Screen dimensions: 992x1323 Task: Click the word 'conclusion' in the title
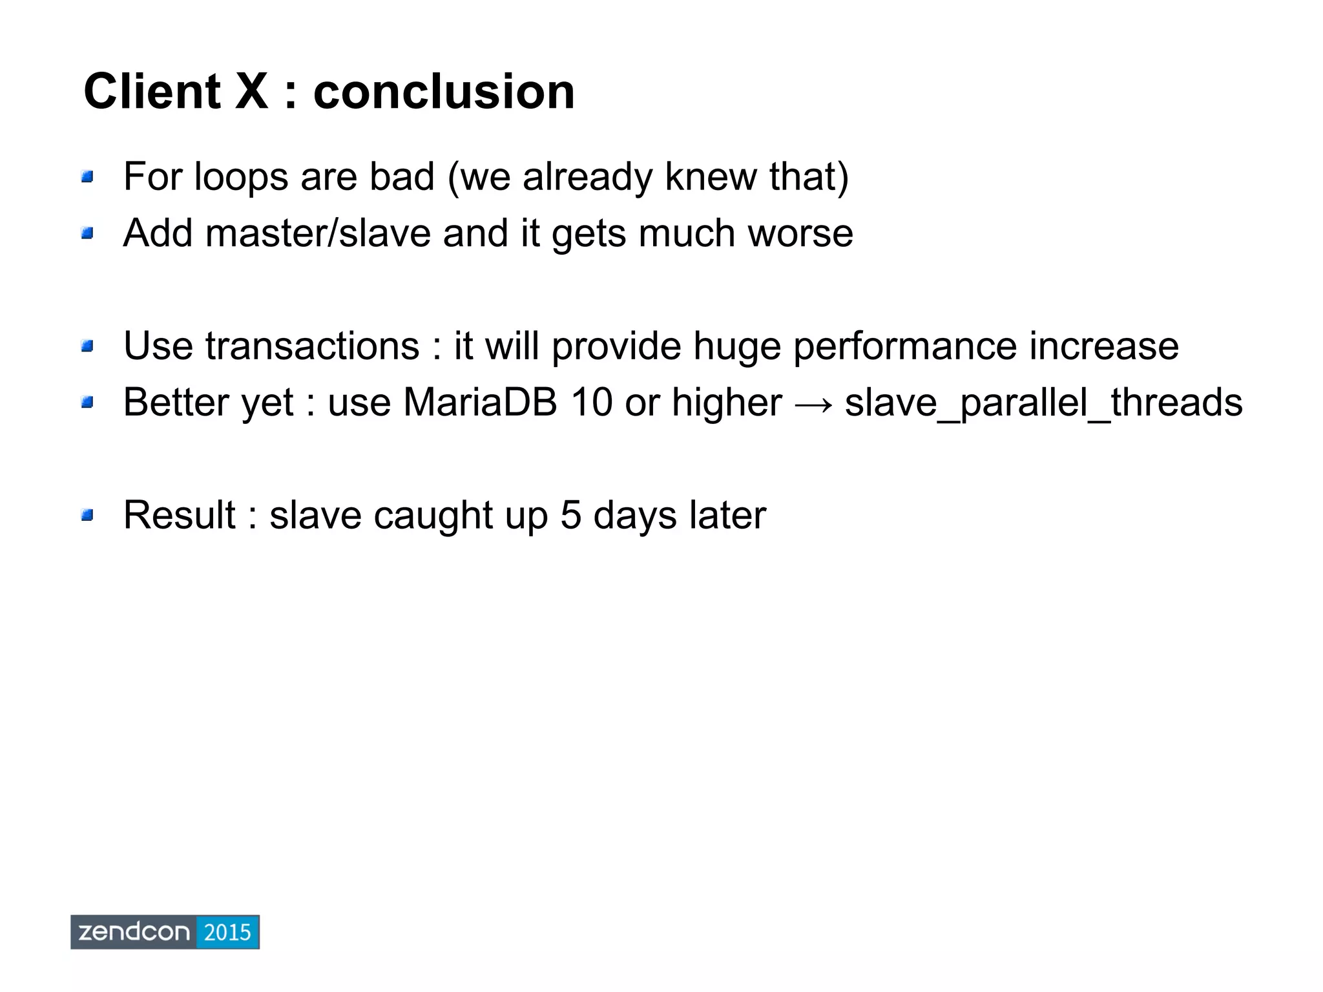click(x=444, y=92)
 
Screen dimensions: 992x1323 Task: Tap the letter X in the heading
click(x=251, y=92)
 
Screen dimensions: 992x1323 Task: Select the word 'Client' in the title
click(x=152, y=92)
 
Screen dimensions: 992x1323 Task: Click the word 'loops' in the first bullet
click(x=241, y=177)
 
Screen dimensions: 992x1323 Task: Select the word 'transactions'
click(x=312, y=346)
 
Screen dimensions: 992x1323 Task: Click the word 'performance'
click(x=904, y=347)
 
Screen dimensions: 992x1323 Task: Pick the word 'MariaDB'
click(x=480, y=402)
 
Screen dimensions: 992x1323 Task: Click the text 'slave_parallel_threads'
click(x=1043, y=403)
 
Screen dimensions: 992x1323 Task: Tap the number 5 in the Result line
click(x=571, y=515)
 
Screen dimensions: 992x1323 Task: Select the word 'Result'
click(x=179, y=515)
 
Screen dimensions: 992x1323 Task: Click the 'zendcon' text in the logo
click(x=134, y=932)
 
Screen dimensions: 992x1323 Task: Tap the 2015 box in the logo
click(x=227, y=932)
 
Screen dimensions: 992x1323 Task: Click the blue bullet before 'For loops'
click(x=88, y=176)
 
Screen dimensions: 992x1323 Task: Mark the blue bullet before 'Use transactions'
click(x=88, y=346)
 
